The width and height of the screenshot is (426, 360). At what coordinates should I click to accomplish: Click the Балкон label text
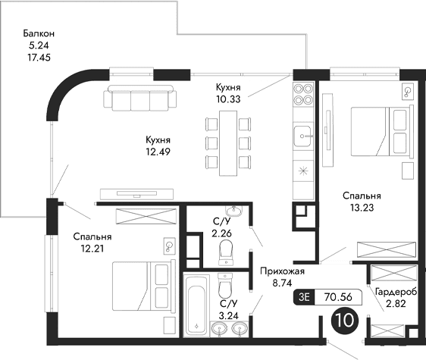pos(39,34)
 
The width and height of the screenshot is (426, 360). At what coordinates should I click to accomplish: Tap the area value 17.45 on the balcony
pos(39,57)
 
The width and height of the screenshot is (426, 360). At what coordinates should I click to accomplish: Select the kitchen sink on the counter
pos(305,136)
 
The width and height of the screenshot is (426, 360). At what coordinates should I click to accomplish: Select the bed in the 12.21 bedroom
pos(143,283)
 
